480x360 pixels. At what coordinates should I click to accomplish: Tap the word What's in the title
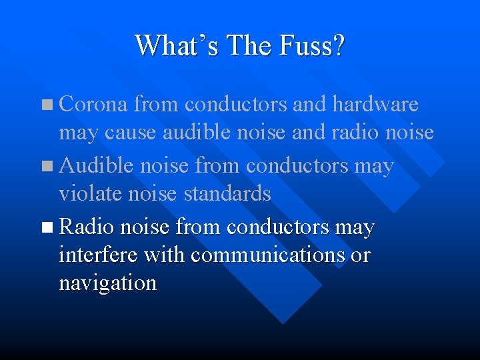(x=177, y=46)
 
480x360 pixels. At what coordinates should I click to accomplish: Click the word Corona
(x=93, y=105)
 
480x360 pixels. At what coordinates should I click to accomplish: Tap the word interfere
(x=98, y=255)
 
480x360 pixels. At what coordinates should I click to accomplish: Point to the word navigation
(x=107, y=283)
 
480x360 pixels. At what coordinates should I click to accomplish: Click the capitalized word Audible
(x=96, y=165)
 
